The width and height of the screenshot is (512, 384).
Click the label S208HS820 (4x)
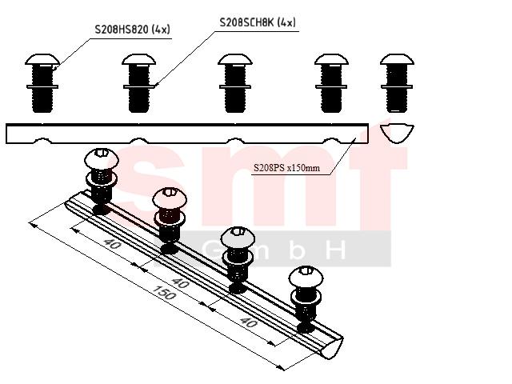[x=132, y=30]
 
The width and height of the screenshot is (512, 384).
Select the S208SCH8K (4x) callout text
[x=258, y=22]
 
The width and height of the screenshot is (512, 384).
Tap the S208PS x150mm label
[x=286, y=168]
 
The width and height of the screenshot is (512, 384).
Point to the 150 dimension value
[x=164, y=293]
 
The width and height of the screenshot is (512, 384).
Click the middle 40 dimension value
[x=180, y=282]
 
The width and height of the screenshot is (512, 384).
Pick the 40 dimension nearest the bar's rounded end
[x=249, y=322]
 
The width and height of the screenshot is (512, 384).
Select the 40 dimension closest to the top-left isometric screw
[x=112, y=243]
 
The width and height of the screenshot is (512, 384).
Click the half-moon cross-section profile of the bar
[x=397, y=134]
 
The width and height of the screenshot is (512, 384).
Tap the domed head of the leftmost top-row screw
[x=42, y=59]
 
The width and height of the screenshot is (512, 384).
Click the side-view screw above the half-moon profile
[x=397, y=83]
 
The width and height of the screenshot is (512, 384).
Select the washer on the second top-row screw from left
[x=138, y=86]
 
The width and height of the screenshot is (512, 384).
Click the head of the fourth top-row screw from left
[x=331, y=59]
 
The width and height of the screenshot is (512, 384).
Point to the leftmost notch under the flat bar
[x=42, y=141]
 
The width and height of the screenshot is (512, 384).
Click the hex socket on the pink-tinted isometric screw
[x=169, y=192]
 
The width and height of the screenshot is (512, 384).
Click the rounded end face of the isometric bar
[x=332, y=347]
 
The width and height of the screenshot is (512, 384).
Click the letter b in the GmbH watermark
[x=297, y=250]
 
